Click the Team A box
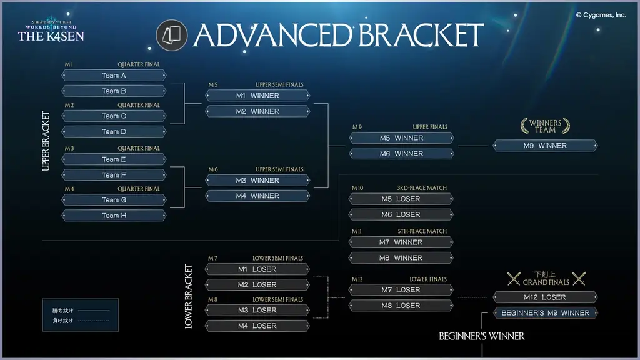pos(114,76)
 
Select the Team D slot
pos(114,132)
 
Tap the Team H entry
pos(114,216)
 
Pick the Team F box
pos(114,175)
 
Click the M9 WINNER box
pos(545,146)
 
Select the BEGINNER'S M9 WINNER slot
pos(545,313)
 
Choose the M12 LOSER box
pos(545,297)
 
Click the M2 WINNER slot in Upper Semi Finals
pos(257,111)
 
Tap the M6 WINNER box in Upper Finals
pos(401,154)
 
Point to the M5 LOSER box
pos(401,199)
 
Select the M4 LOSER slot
pos(257,326)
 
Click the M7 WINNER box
pos(401,242)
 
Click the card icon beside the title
pos(171,35)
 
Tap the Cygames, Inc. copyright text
pos(601,15)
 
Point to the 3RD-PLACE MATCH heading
pos(422,188)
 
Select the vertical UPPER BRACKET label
pos(46,141)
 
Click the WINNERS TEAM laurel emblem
pos(545,126)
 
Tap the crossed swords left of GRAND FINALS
pos(514,279)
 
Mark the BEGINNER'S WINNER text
pos(481,336)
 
